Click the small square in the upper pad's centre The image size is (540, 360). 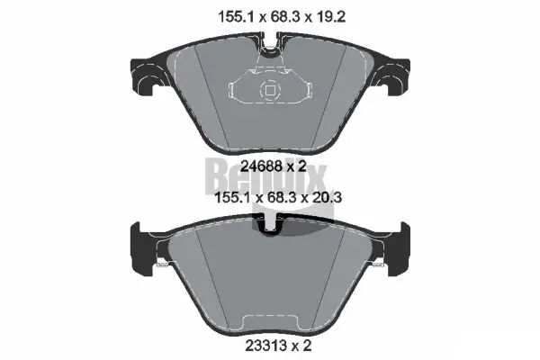pyautogui.click(x=268, y=90)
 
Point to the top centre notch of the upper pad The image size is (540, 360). pyautogui.click(x=269, y=40)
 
